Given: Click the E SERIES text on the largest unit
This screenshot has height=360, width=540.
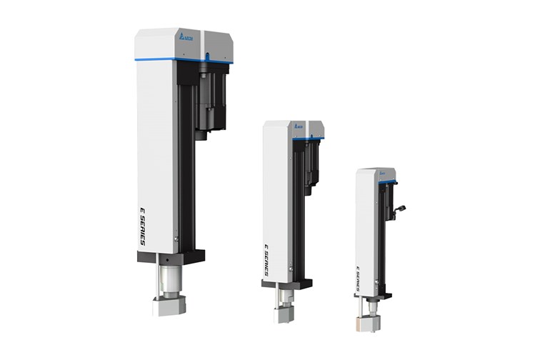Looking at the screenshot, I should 143,226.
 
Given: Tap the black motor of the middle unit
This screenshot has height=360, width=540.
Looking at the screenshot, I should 312,164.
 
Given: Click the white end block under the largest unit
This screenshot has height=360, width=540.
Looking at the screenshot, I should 169,306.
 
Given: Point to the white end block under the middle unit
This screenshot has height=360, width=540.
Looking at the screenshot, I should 281,314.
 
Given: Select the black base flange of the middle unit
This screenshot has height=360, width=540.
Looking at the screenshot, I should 286,284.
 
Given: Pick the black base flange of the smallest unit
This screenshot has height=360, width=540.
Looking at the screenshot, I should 372,294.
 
